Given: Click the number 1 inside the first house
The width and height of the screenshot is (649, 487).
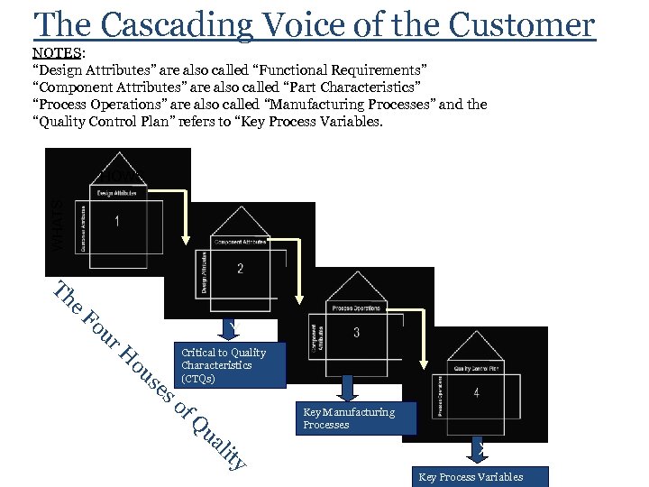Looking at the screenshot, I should click(x=116, y=222).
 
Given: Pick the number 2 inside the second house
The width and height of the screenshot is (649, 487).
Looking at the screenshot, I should click(x=240, y=268).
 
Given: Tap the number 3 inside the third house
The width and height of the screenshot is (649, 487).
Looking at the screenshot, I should click(x=356, y=333).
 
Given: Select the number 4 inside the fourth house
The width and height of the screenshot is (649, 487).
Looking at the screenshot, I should click(x=476, y=392).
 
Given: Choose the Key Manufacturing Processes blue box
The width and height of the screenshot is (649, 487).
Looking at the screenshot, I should click(x=348, y=418).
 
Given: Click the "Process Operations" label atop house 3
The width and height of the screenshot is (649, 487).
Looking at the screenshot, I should click(x=357, y=308).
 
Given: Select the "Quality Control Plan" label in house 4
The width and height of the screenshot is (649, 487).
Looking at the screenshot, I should click(x=475, y=368).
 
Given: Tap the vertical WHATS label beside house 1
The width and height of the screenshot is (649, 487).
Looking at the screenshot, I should click(x=56, y=225).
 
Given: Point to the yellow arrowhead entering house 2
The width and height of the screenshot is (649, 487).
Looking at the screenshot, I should click(x=186, y=240).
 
